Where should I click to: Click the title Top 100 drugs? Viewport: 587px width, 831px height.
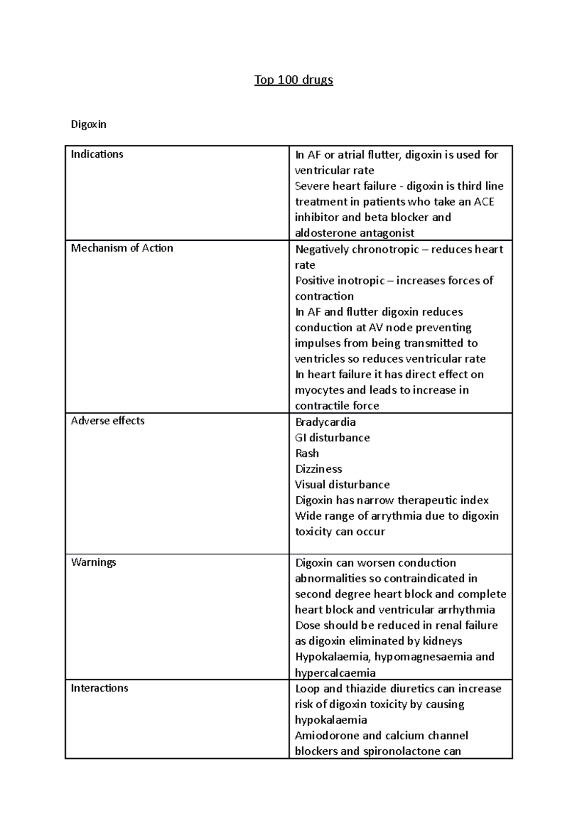[293, 80]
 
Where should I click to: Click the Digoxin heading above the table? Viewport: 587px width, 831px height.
[89, 124]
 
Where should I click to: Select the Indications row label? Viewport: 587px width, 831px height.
[97, 154]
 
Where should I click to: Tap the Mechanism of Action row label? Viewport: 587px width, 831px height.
[122, 248]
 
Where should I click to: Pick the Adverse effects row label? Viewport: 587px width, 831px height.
[108, 421]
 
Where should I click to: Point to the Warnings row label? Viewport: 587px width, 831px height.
[93, 562]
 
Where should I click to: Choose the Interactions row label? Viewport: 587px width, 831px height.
[99, 688]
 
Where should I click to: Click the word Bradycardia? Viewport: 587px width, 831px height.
[325, 422]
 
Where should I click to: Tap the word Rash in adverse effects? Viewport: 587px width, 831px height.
[307, 453]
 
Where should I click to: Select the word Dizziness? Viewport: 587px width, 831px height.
[318, 469]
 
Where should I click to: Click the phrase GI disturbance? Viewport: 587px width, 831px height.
[332, 438]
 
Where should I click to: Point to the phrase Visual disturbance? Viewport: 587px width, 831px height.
[342, 485]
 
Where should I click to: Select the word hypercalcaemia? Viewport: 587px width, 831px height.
[335, 673]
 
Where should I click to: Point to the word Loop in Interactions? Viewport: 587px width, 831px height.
[307, 689]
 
